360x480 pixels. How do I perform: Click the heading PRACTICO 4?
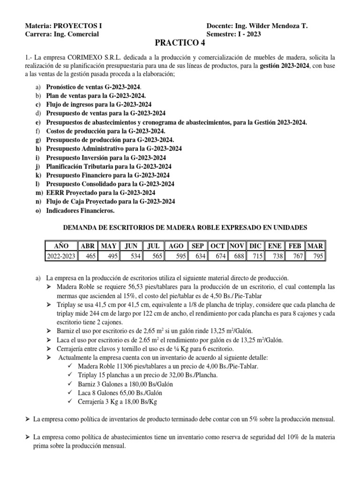(x=180, y=44)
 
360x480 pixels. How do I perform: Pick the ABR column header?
(x=88, y=246)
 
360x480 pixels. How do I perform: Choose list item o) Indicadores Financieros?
(x=80, y=211)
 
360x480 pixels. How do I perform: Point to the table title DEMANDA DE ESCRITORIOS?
(x=185, y=228)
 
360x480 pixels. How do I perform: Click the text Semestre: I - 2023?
(x=234, y=34)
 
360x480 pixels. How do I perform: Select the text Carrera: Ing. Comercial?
(x=61, y=34)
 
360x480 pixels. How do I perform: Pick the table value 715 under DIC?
(x=255, y=255)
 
